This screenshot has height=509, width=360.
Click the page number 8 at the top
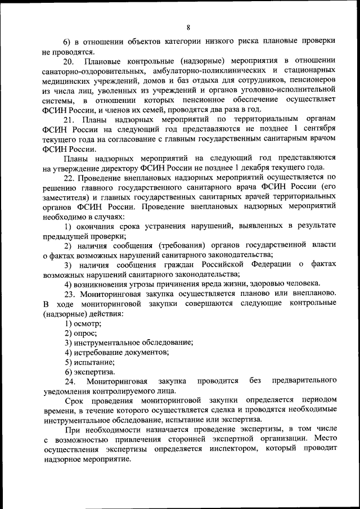pos(188,27)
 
